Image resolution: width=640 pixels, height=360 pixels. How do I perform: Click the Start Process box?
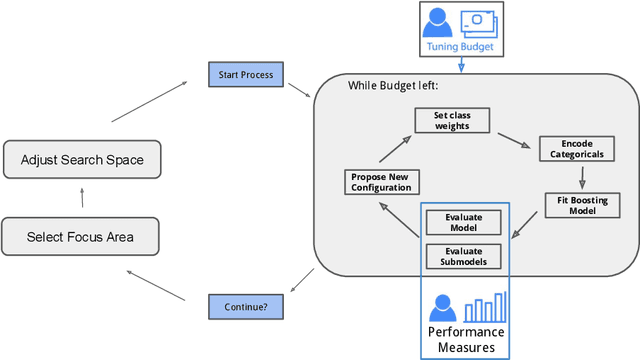pos(244,74)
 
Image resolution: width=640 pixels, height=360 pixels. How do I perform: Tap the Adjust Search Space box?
pos(82,159)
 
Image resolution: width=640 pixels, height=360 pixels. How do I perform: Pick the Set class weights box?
pos(456,120)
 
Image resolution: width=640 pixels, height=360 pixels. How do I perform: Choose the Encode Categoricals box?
pos(578,149)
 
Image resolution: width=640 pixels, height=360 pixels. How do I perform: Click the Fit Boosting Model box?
pos(578,204)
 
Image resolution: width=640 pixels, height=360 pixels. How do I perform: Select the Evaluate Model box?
pos(462,222)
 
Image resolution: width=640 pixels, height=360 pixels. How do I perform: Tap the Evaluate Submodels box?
pos(462,256)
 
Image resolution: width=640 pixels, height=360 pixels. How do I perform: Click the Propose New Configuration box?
pos(380,182)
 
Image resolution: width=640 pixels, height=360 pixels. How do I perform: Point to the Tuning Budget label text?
pos(460,46)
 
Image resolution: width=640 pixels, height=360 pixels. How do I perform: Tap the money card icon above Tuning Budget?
pos(476,22)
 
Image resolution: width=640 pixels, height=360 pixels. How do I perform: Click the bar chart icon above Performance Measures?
pos(487,307)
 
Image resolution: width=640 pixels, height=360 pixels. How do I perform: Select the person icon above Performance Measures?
pos(442,308)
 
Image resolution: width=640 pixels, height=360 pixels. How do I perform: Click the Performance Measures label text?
pos(466,339)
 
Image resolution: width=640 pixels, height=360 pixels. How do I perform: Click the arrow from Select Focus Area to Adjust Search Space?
pos(82,198)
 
